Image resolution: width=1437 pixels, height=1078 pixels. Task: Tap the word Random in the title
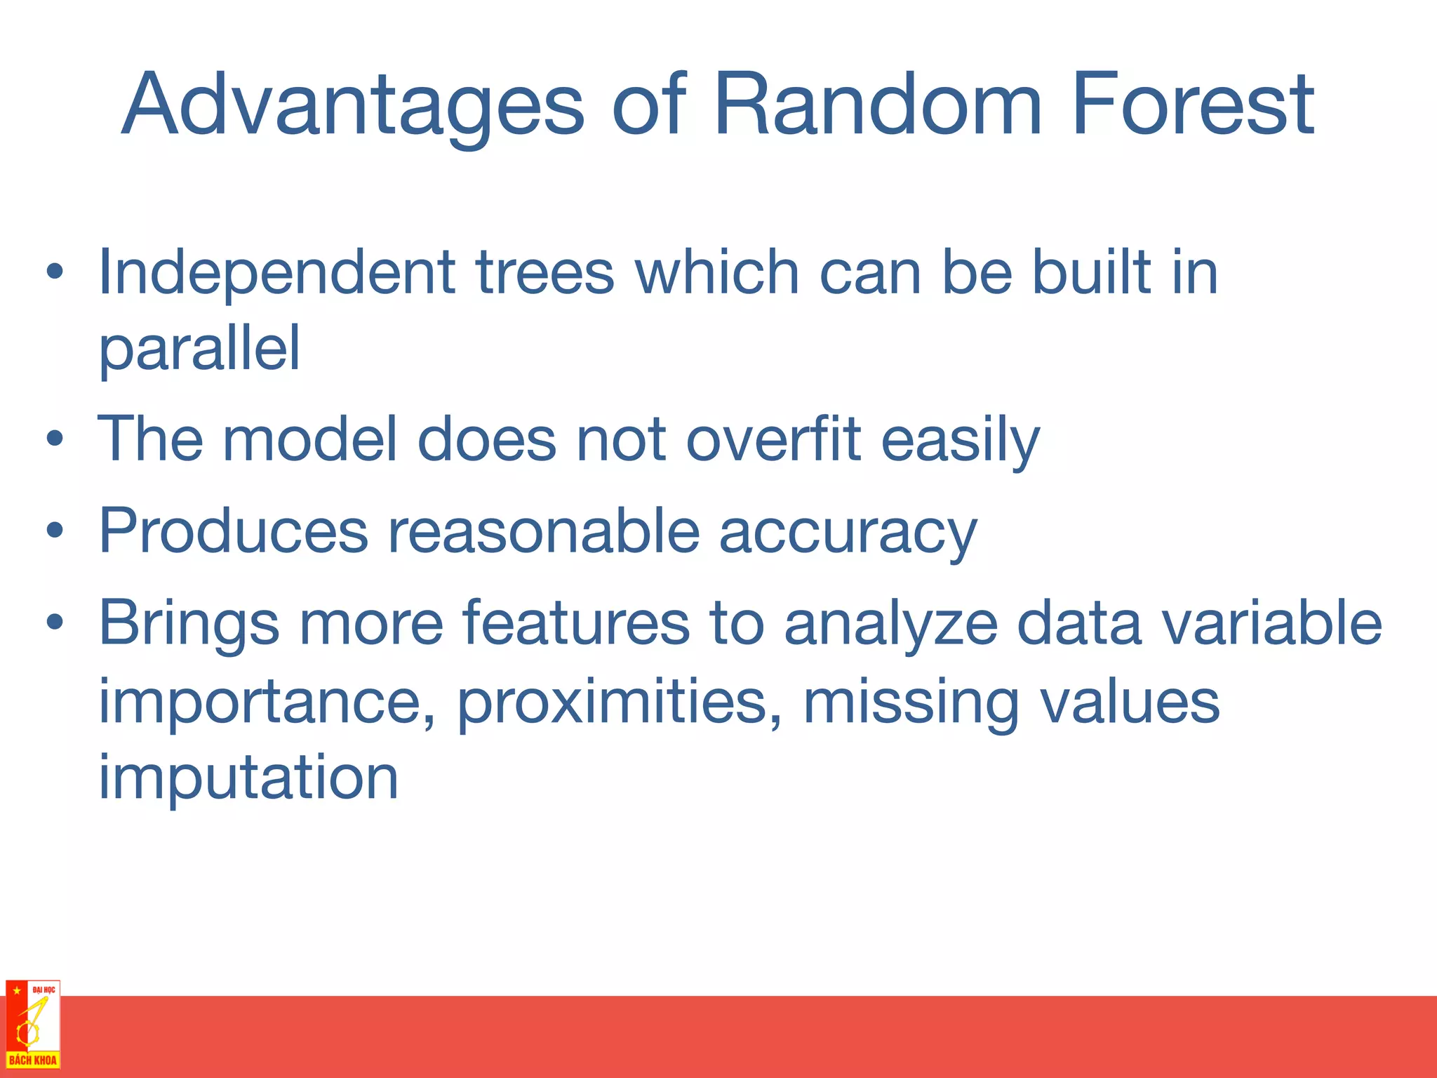[877, 105]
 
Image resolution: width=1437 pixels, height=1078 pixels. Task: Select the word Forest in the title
[1192, 105]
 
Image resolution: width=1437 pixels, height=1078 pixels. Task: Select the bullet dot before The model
[55, 440]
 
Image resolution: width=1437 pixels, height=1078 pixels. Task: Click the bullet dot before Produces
[55, 531]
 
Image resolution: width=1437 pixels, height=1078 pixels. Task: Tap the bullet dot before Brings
[55, 623]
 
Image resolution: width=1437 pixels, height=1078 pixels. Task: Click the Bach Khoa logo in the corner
[32, 1025]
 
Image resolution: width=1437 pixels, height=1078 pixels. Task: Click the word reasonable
[544, 531]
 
